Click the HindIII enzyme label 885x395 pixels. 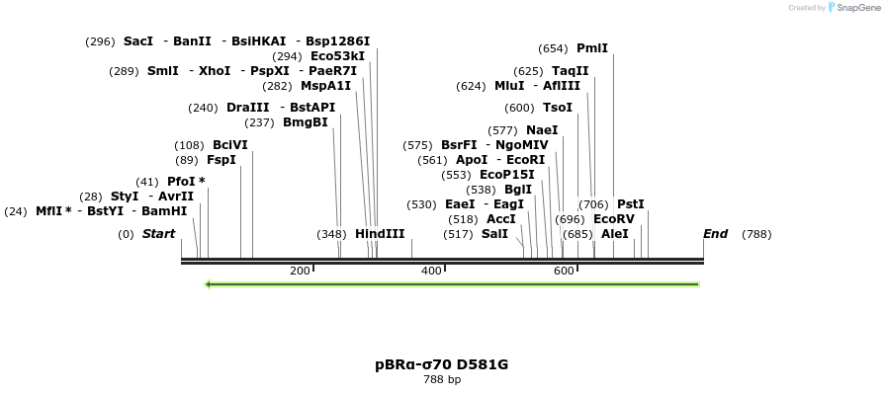coord(380,234)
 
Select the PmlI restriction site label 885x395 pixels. coord(592,48)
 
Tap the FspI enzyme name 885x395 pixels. coord(221,160)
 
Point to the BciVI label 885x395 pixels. coord(230,145)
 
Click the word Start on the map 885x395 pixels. coord(158,234)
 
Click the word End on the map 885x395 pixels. coord(715,234)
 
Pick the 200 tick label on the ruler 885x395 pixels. coord(300,271)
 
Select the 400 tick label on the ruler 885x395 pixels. coord(431,271)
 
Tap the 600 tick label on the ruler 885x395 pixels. coord(564,271)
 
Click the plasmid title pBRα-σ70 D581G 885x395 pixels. coord(442,364)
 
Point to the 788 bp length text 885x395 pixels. coord(442,379)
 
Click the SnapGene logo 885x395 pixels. coord(851,8)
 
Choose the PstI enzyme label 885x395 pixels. coord(631,204)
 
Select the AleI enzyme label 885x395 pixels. coord(615,234)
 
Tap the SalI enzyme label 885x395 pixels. coord(494,234)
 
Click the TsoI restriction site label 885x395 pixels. coord(558,108)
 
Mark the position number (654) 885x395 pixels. coord(553,48)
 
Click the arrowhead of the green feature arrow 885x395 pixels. coord(209,284)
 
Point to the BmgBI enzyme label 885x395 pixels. coord(306,122)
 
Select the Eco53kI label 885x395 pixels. coord(337,56)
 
